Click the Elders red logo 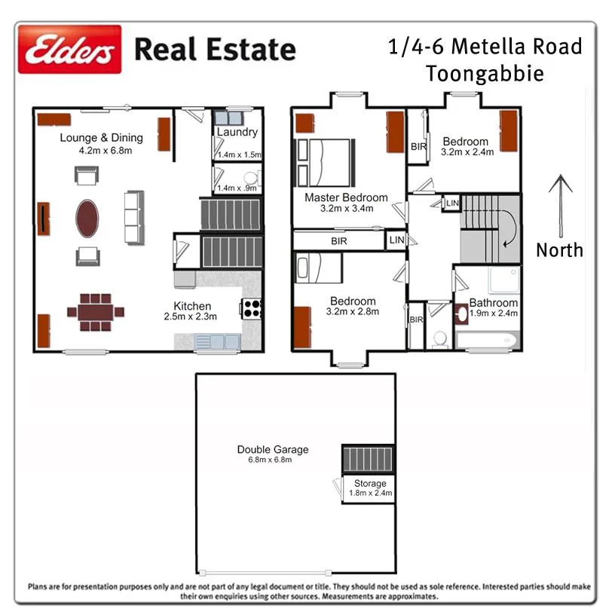click(69, 50)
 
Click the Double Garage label click(272, 450)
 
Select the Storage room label click(369, 484)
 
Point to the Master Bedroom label click(346, 198)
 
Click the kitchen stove click(251, 307)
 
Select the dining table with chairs click(96, 311)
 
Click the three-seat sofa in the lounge click(134, 216)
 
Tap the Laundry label click(237, 133)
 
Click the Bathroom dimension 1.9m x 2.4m click(494, 314)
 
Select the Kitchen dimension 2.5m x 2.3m click(191, 317)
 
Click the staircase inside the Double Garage click(369, 458)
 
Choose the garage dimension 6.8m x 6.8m click(272, 460)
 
